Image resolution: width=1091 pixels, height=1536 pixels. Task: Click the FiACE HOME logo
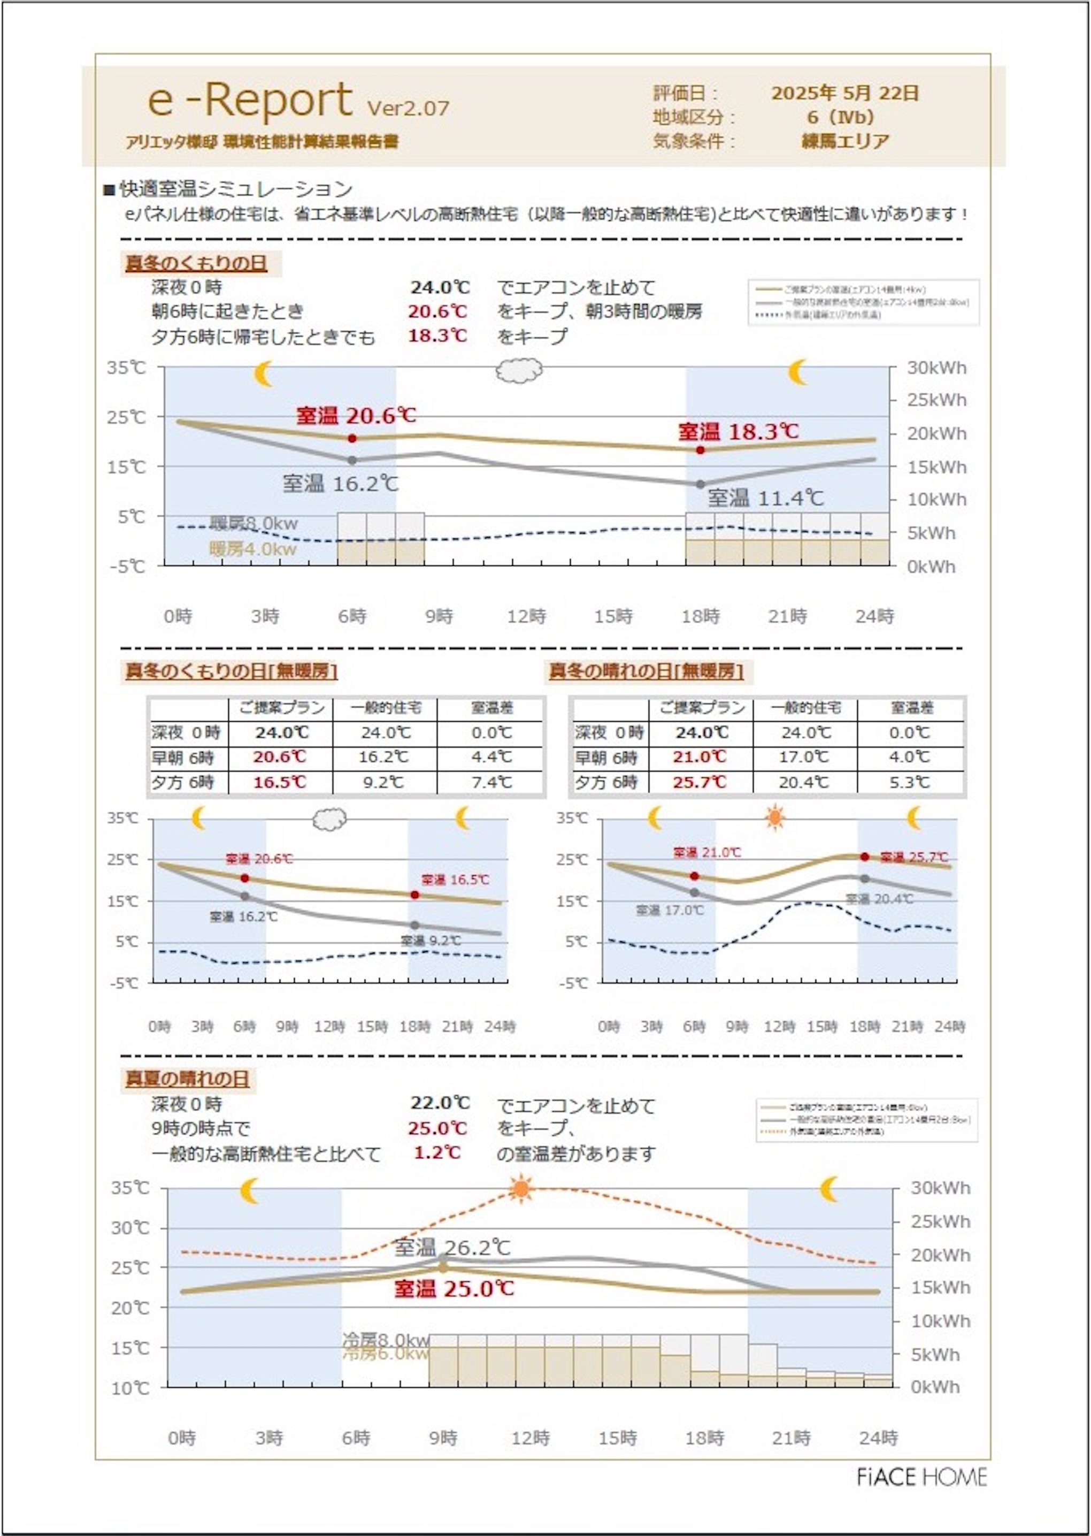tap(921, 1477)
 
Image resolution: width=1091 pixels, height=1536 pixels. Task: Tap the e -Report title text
tap(250, 101)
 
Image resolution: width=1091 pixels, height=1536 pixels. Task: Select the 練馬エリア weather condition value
tap(845, 141)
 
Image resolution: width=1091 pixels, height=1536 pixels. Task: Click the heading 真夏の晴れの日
tap(187, 1079)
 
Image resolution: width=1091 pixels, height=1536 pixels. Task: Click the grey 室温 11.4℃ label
tap(765, 498)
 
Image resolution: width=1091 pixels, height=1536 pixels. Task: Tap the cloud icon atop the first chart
tap(519, 370)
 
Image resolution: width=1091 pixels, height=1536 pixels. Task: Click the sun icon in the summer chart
tap(521, 1189)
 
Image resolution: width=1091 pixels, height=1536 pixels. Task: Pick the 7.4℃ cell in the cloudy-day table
tap(491, 782)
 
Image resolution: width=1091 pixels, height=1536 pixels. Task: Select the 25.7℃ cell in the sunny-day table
tap(700, 782)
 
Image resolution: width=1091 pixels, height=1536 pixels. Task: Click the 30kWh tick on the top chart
tap(936, 368)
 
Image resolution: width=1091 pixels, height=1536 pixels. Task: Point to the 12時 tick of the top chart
tap(526, 616)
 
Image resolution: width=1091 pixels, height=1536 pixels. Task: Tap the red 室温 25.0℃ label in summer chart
tap(454, 1289)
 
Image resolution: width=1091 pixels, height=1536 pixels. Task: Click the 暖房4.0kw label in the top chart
tap(252, 549)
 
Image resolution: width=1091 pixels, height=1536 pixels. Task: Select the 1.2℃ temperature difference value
tap(437, 1153)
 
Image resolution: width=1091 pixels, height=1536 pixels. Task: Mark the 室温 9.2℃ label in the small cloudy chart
tap(431, 941)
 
